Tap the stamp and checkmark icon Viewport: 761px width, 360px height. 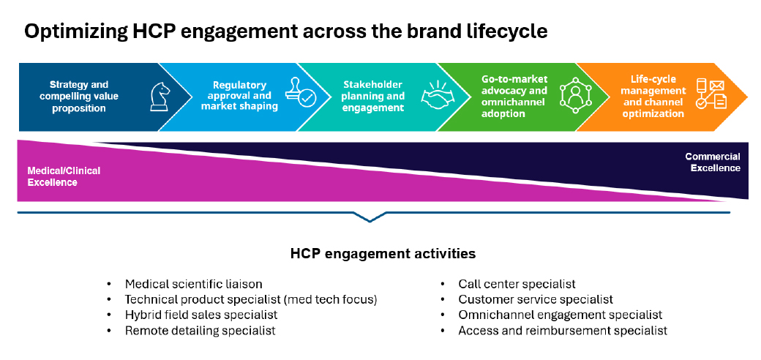(x=299, y=95)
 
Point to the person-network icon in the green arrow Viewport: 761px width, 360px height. (x=574, y=96)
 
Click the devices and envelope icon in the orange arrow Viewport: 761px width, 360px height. (x=711, y=96)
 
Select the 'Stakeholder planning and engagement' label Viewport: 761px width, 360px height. (x=373, y=96)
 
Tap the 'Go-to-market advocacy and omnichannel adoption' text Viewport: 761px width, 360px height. (x=514, y=97)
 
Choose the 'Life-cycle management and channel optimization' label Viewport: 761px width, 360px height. (x=654, y=96)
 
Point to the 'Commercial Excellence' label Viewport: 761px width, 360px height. (x=712, y=162)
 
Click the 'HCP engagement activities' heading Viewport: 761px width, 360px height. (x=383, y=254)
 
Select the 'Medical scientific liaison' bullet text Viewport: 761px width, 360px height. (x=193, y=284)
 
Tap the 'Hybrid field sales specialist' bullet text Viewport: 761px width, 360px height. (x=201, y=315)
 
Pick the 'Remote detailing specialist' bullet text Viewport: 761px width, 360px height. (x=200, y=331)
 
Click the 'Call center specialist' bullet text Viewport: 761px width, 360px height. (x=517, y=284)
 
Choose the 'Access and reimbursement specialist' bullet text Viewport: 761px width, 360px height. (x=563, y=331)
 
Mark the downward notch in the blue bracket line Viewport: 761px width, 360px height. (x=370, y=217)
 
